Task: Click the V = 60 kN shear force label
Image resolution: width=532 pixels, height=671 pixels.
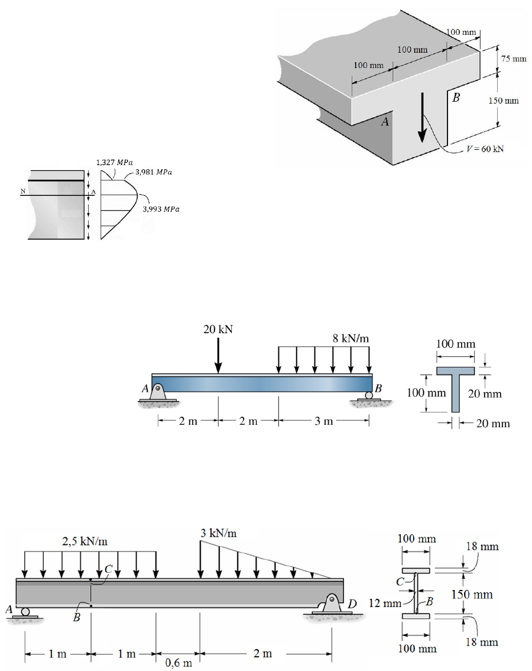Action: click(x=484, y=149)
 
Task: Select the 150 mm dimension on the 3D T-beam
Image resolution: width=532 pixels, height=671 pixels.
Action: click(x=504, y=101)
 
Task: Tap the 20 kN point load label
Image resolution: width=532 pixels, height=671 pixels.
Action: click(x=218, y=330)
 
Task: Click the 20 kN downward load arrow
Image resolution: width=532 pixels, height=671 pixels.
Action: click(x=218, y=355)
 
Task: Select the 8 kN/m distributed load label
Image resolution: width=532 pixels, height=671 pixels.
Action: click(x=351, y=338)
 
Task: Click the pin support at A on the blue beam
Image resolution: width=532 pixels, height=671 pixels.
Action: click(x=158, y=391)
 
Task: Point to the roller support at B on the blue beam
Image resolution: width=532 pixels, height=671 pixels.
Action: click(x=369, y=395)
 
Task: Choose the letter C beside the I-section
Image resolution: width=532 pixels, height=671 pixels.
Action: click(x=401, y=582)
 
